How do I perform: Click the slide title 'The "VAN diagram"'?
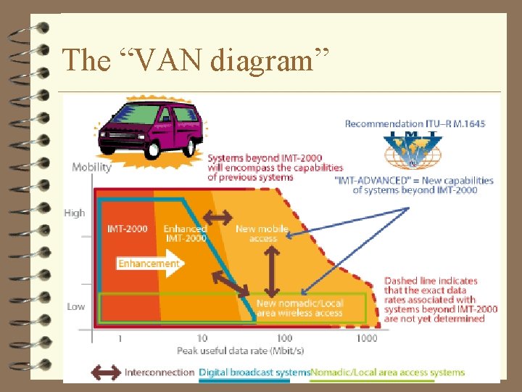coord(196,60)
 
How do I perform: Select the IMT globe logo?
coord(413,150)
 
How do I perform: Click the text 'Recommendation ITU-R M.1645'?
coord(415,124)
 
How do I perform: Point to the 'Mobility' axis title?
coord(91,168)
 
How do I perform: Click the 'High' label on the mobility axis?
coord(75,213)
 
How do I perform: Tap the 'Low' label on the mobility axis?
coord(76,306)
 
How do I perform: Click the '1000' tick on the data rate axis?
coord(367,338)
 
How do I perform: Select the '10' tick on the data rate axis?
coord(202,338)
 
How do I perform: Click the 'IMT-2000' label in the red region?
coord(128,229)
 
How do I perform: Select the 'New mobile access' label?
coord(262,233)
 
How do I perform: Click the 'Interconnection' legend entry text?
coord(159,372)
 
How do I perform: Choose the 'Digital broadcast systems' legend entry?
coord(254,372)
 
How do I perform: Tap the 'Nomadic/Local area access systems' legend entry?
coord(387,372)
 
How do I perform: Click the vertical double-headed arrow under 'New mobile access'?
coord(271,269)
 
